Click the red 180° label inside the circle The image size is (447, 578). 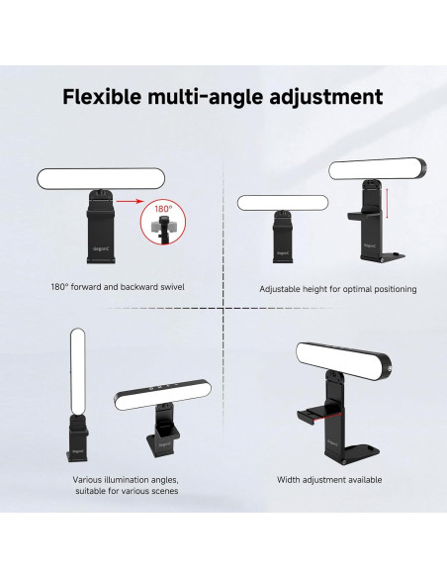[162, 210]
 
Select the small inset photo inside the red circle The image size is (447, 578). [162, 228]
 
